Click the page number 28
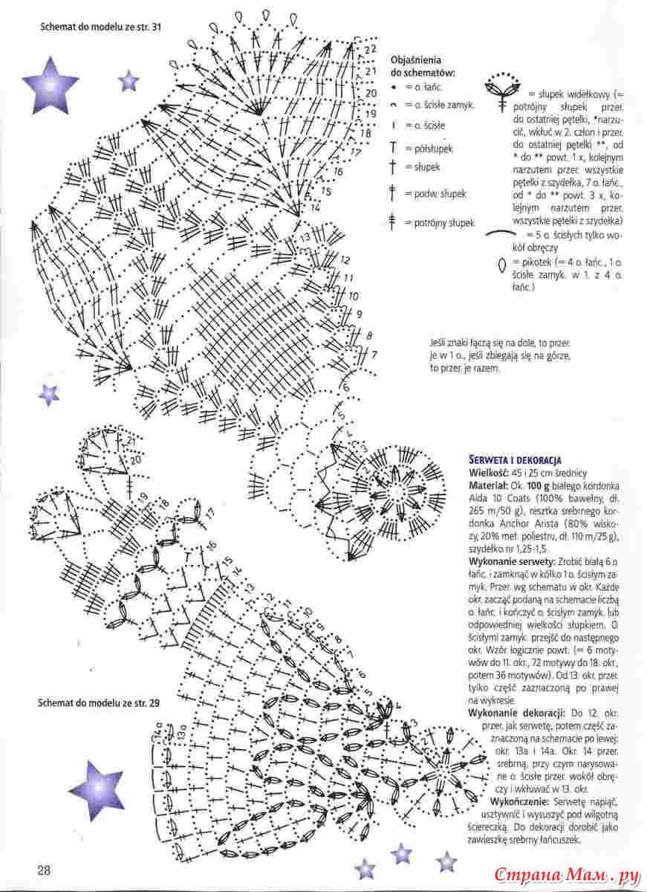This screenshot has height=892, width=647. point(44,870)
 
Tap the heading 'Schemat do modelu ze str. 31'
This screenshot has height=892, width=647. point(101,28)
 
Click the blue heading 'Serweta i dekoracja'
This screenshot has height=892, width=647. point(515,460)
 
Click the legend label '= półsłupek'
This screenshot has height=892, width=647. point(429,149)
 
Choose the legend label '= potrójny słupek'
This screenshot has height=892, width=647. point(440,223)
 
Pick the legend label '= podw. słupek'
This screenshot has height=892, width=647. point(435,194)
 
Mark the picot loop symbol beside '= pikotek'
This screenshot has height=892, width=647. point(501,265)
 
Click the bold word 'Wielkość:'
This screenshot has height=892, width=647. point(488,473)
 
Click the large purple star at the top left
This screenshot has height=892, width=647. point(50,84)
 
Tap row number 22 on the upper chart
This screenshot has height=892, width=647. point(370,49)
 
